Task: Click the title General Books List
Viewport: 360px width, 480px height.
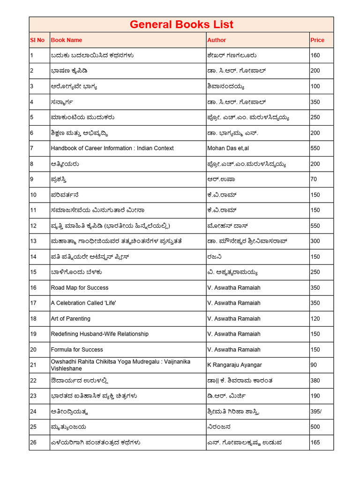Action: [181, 25]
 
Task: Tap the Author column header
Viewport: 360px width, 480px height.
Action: [217, 40]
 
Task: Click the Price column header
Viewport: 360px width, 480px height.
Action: [317, 40]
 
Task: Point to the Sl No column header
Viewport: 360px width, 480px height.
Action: [37, 40]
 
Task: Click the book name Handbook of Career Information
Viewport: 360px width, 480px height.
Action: [112, 148]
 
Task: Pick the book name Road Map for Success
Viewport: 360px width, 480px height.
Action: [79, 288]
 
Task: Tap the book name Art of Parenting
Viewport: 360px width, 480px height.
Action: [70, 319]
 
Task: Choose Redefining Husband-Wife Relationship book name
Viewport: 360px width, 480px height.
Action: [99, 334]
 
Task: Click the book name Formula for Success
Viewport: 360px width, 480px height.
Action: [77, 350]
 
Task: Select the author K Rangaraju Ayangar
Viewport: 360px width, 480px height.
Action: [234, 365]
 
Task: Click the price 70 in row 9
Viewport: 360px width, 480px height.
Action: [314, 179]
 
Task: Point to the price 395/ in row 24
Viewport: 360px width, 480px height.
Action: [316, 412]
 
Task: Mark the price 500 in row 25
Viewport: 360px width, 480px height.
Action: [315, 427]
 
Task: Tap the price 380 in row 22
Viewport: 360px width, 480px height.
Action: [315, 381]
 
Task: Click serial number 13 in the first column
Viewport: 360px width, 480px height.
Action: [33, 241]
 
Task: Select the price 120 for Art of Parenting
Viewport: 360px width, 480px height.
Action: [315, 319]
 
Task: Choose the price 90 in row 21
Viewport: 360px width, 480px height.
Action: [314, 365]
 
